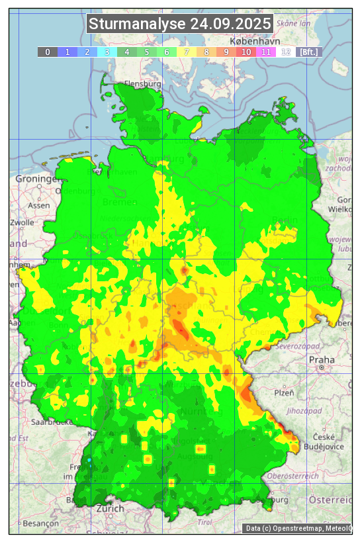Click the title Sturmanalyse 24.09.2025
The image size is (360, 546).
pyautogui.click(x=180, y=24)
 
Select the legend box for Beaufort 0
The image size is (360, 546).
pyautogui.click(x=48, y=52)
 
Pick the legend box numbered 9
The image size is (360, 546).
pyautogui.click(x=226, y=52)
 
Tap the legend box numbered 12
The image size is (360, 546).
pyautogui.click(x=286, y=52)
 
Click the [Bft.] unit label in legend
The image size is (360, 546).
pyautogui.click(x=308, y=52)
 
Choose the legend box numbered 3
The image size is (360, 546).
pyautogui.click(x=107, y=52)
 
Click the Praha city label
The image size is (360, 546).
pyautogui.click(x=317, y=359)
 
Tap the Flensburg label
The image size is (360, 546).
pyautogui.click(x=143, y=85)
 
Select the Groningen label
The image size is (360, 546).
pyautogui.click(x=37, y=179)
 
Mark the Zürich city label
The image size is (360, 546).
pyautogui.click(x=110, y=509)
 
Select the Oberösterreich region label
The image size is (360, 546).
pyautogui.click(x=293, y=476)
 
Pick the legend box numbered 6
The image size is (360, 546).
pyautogui.click(x=167, y=52)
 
